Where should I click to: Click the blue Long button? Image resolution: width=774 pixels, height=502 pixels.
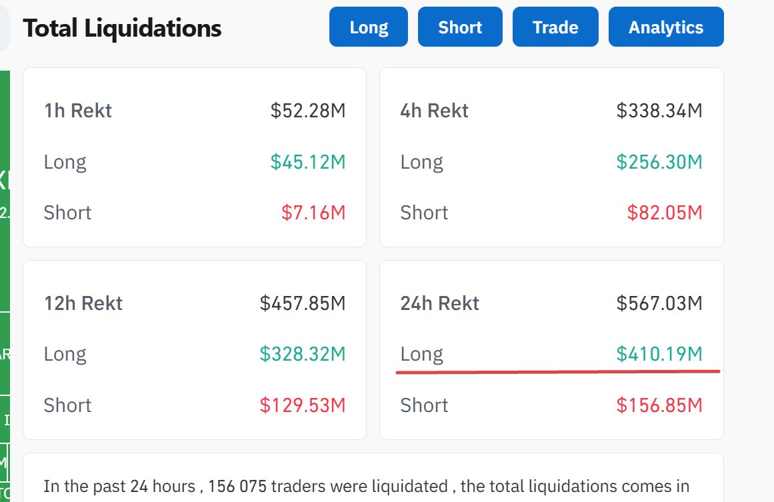coord(369,27)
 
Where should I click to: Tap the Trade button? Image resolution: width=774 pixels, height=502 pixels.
coord(555,27)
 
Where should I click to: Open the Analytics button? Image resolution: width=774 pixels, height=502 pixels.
coord(666,27)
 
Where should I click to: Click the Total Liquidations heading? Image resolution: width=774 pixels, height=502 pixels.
coord(122,28)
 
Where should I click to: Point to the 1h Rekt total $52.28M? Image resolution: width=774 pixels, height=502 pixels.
coord(308,110)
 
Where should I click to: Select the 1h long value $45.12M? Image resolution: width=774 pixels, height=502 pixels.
coord(308,161)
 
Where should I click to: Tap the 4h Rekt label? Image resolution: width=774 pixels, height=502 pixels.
coord(435,110)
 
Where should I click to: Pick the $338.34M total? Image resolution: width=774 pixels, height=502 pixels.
coord(659,110)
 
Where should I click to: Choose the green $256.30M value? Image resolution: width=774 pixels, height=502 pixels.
coord(659,161)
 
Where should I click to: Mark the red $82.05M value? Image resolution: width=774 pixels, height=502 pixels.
coord(665,213)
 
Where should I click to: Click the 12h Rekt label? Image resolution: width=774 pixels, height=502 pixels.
coord(83,303)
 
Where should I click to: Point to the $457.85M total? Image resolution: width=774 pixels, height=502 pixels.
coord(303,303)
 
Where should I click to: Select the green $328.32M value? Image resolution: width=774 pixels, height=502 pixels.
coord(303,354)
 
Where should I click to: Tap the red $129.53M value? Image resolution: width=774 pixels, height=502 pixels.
coord(303,405)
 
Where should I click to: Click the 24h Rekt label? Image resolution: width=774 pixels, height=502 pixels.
coord(440,303)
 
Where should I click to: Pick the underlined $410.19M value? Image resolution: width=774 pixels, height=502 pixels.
coord(659,354)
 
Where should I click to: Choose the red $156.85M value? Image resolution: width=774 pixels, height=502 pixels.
coord(659,405)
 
